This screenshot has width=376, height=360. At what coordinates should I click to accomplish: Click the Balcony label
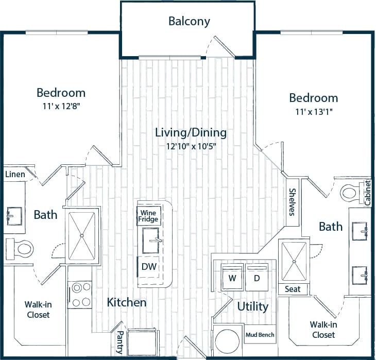pos(189,21)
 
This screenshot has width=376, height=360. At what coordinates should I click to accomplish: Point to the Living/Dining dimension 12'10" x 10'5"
pos(191,146)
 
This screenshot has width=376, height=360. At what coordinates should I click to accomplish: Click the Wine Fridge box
pos(148,215)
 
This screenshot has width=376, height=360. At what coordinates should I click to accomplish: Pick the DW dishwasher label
pos(149,267)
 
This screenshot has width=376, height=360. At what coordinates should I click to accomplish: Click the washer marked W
pos(232,279)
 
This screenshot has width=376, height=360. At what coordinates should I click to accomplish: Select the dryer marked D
pos(257,279)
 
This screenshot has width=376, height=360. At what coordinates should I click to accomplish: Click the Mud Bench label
pos(260,335)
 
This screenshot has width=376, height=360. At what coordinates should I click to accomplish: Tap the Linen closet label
pos(15,175)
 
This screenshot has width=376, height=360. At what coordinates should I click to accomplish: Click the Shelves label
pos(292,202)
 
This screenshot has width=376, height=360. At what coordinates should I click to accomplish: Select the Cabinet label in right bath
pos(367,193)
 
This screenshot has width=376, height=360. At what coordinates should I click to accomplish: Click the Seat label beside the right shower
pos(293,289)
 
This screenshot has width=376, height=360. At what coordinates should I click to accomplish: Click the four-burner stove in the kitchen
pos(80,295)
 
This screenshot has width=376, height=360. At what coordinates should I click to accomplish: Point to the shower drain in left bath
pos(82,235)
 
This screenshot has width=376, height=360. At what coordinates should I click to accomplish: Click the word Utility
pos(253,307)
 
